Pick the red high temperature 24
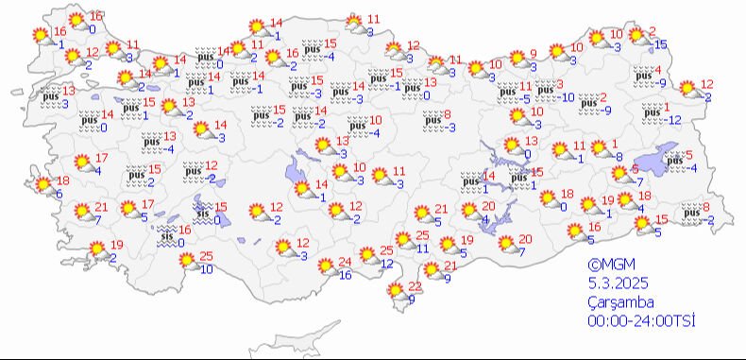(345, 262)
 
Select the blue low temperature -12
(673, 120)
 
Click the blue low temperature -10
(567, 97)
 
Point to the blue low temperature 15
(661, 44)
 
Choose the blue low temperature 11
(422, 248)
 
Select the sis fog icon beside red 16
(165, 236)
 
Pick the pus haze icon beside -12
(650, 114)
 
